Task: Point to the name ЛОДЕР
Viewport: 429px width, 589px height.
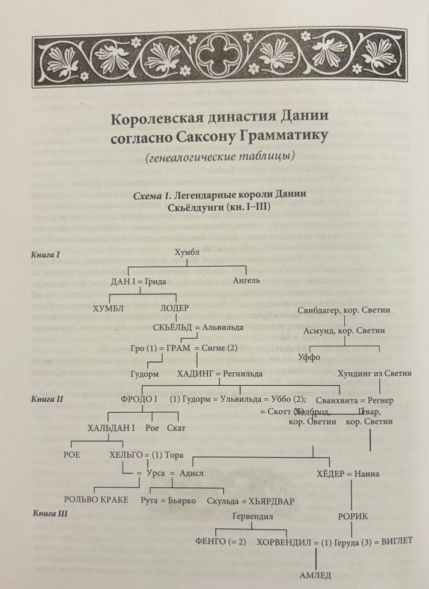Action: tap(174, 308)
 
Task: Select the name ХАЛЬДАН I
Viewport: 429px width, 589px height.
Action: tap(111, 428)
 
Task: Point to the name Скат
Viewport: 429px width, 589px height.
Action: tap(176, 428)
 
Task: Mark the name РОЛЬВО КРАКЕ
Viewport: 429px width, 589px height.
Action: tap(96, 500)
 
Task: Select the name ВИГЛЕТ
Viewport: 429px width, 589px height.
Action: tap(393, 541)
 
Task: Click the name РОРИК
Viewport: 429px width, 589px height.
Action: tap(353, 516)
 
